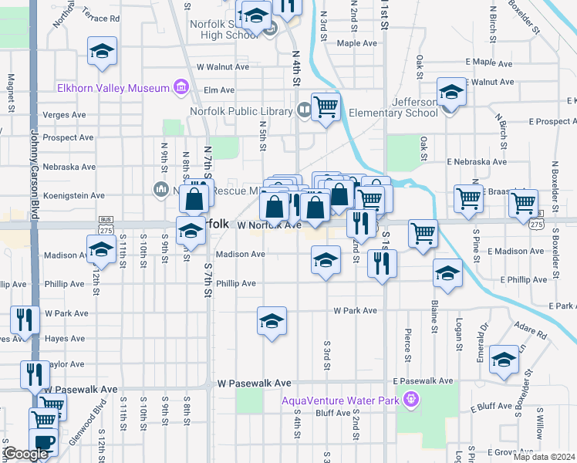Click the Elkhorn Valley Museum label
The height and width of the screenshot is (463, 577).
113,88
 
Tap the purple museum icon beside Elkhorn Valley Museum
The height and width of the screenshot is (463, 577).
182,87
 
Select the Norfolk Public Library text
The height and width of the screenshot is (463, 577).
241,111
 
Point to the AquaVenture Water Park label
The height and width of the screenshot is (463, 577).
340,400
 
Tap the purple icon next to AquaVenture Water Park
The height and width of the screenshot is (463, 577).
411,399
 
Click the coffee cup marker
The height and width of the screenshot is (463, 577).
44,444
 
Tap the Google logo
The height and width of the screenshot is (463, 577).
25,455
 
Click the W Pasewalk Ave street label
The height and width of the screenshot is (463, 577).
254,383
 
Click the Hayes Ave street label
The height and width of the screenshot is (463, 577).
65,339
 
